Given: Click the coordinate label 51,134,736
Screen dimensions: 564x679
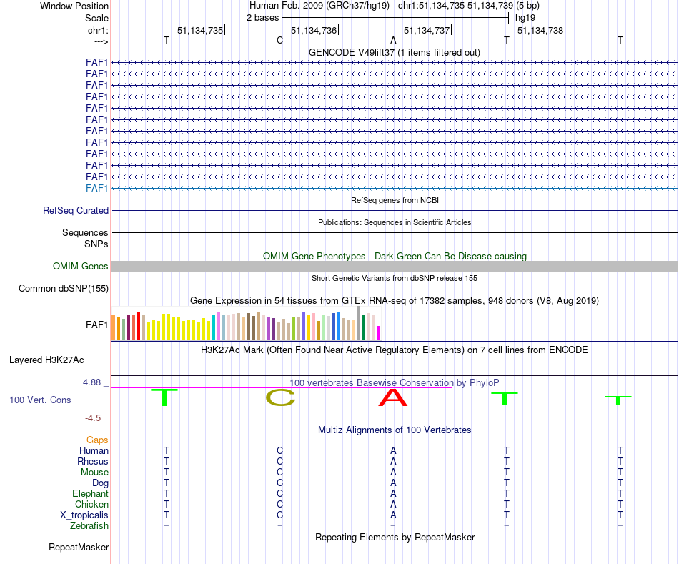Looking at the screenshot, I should click(x=314, y=30).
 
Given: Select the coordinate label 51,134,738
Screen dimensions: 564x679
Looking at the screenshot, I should click(x=540, y=30).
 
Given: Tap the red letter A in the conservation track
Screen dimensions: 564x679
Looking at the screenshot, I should click(x=393, y=397).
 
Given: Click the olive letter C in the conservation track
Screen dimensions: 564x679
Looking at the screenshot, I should click(x=280, y=398).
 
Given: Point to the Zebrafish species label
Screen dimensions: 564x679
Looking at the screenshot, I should click(x=89, y=526).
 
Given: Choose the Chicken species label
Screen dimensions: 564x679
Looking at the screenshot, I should click(x=91, y=505).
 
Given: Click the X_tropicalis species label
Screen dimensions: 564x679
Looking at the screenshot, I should click(x=84, y=515).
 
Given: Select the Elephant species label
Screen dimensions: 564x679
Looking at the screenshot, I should click(x=90, y=494).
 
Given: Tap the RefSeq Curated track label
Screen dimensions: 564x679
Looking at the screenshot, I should click(x=76, y=211).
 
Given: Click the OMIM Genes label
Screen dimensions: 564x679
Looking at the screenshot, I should click(x=81, y=267).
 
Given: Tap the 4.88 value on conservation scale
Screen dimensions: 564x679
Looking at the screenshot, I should click(x=95, y=382).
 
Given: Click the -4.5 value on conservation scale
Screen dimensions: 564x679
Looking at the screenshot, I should click(x=96, y=418).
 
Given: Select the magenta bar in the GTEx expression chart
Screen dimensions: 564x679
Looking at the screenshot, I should click(x=379, y=333).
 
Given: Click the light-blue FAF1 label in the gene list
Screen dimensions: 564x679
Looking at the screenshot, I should click(x=96, y=188).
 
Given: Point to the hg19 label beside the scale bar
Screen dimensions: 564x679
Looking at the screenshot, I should click(x=525, y=18).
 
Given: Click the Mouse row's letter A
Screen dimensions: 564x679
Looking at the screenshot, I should click(x=393, y=473).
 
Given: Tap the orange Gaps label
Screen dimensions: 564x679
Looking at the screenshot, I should click(x=98, y=440).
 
